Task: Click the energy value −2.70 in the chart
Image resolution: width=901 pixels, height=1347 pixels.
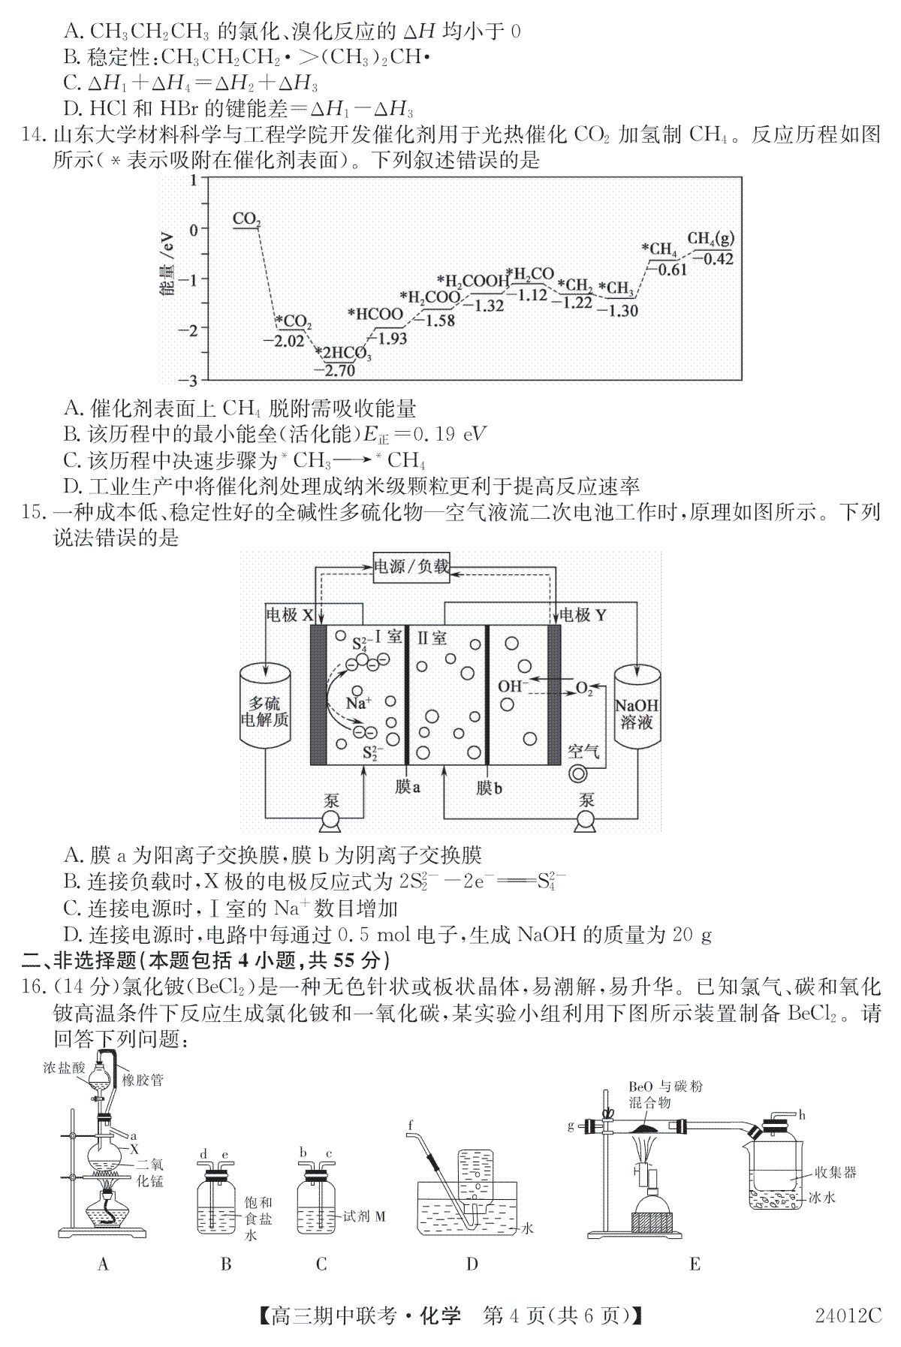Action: click(x=339, y=370)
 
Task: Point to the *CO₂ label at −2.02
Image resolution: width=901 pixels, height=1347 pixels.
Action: click(x=293, y=322)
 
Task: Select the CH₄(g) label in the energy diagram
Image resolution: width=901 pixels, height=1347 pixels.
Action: click(x=710, y=239)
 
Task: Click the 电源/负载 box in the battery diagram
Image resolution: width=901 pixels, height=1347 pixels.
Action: click(x=411, y=566)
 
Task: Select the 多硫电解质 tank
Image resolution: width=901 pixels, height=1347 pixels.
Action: click(x=264, y=706)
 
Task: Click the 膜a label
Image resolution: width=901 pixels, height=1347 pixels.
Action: click(x=408, y=788)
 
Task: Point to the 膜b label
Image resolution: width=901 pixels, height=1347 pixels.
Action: click(x=489, y=788)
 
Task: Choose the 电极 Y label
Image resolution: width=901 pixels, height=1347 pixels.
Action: click(x=583, y=616)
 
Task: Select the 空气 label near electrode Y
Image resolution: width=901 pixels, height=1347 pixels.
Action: click(x=583, y=751)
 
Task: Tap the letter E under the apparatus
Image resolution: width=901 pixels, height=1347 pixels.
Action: click(x=695, y=1264)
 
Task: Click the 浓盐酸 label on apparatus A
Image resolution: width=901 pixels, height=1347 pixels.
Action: click(x=65, y=1068)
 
